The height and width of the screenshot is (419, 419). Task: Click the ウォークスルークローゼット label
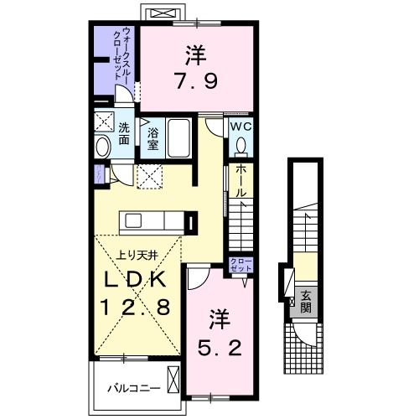126,52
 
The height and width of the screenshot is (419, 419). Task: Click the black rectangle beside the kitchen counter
194,224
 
